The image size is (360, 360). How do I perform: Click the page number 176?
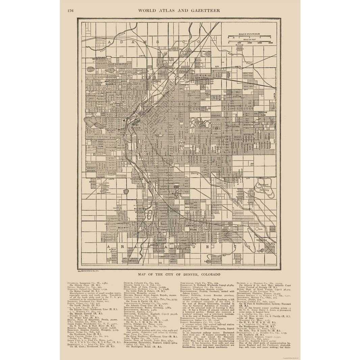[70, 10]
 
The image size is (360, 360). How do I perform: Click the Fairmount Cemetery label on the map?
[262, 187]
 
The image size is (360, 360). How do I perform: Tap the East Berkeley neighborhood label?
[118, 63]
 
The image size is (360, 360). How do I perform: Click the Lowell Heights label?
[92, 169]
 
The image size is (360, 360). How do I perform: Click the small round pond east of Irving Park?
[126, 191]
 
